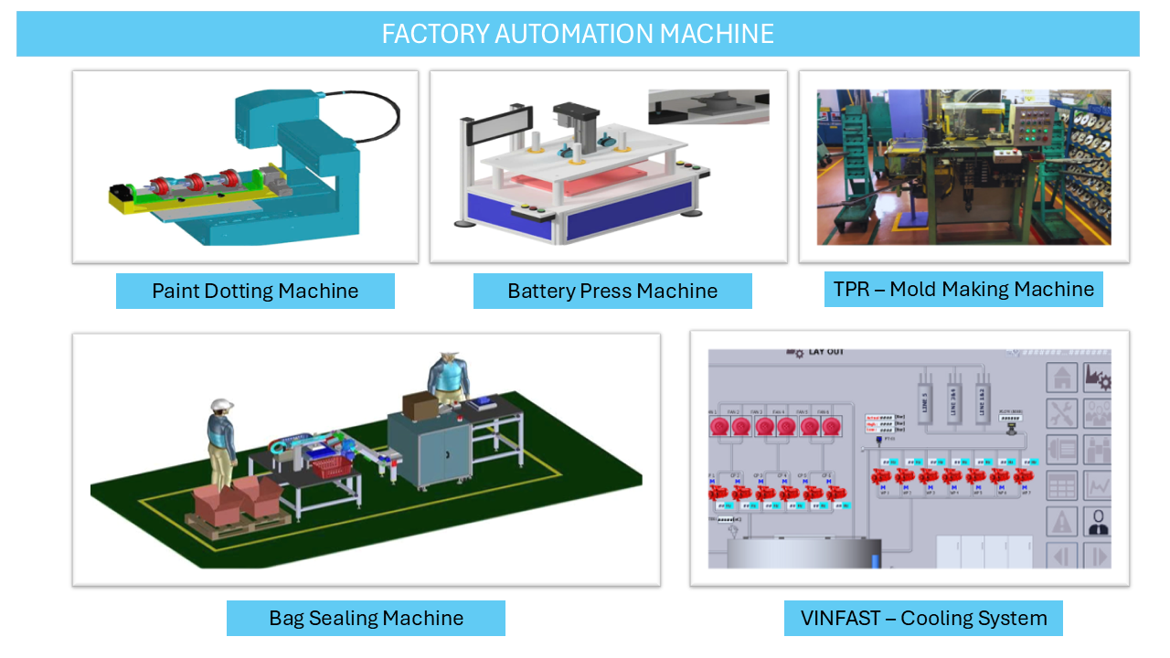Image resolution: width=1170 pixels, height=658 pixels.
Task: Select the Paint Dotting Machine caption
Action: (255, 292)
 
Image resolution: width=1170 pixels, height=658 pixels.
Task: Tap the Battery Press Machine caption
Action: (612, 292)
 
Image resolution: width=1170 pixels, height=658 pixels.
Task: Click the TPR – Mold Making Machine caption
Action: (963, 290)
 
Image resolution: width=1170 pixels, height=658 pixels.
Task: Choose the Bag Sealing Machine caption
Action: (366, 618)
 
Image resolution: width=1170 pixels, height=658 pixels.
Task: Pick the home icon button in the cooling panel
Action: (1061, 377)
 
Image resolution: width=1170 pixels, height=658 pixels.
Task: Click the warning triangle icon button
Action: (1061, 522)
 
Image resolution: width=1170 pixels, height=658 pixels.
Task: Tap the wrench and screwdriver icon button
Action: (1061, 413)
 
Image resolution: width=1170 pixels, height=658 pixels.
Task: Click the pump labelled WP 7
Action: (1023, 477)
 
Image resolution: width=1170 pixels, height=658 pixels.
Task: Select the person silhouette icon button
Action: (1097, 522)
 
